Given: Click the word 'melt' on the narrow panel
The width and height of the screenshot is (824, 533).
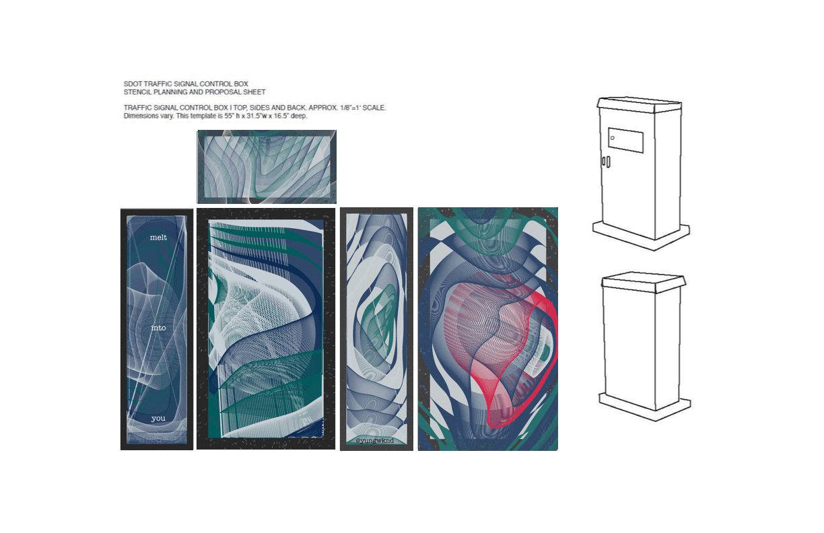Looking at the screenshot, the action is tap(158, 238).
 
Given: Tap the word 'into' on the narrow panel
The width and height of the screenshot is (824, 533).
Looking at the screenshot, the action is tap(159, 328).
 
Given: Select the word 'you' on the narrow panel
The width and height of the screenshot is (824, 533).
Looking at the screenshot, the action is tap(158, 418).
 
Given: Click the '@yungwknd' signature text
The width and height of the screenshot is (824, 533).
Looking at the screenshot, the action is tap(375, 440).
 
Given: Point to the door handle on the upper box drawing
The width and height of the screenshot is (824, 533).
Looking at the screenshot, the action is tap(606, 162).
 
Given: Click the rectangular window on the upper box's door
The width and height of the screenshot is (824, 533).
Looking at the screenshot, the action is tap(625, 140).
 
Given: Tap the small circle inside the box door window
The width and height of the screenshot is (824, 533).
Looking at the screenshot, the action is tap(613, 138).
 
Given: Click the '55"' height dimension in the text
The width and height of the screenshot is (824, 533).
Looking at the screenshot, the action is tap(229, 116).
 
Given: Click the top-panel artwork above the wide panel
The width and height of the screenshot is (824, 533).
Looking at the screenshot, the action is tap(267, 167).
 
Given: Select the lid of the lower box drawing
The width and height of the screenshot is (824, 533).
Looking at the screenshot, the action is tap(644, 282).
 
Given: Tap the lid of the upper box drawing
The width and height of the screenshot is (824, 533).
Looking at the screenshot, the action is tap(640, 105).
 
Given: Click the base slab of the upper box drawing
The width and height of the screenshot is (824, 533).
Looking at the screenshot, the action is tap(641, 236).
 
